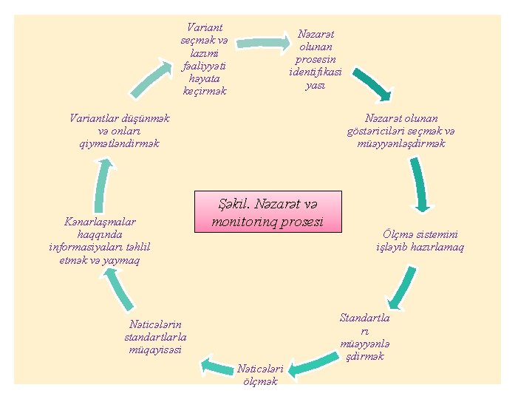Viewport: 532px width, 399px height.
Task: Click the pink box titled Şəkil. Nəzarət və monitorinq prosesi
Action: [x=268, y=211]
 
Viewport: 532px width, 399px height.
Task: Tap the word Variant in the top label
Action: [x=205, y=26]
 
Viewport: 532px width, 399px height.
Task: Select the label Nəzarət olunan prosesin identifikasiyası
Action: [x=316, y=59]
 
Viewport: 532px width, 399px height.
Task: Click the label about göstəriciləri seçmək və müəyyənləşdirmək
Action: [x=401, y=131]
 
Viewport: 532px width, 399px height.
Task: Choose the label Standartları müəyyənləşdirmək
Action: [x=364, y=337]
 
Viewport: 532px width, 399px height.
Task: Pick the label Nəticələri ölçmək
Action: [x=259, y=375]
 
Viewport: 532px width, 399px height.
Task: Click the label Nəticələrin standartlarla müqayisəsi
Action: [x=154, y=336]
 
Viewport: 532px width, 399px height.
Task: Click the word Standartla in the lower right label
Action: [x=364, y=318]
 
